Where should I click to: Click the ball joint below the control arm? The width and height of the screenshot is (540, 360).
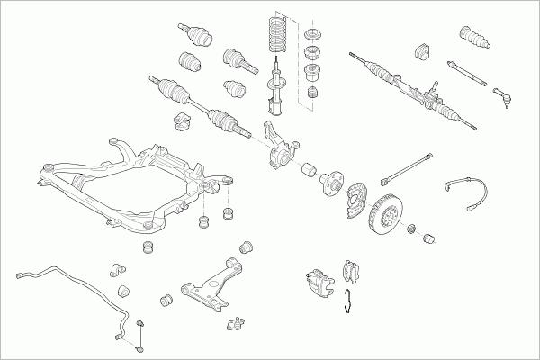tap(238, 322)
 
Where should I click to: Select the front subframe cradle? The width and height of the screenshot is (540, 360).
tap(135, 184)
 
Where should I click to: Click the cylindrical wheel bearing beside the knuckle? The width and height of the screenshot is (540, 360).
tap(308, 168)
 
